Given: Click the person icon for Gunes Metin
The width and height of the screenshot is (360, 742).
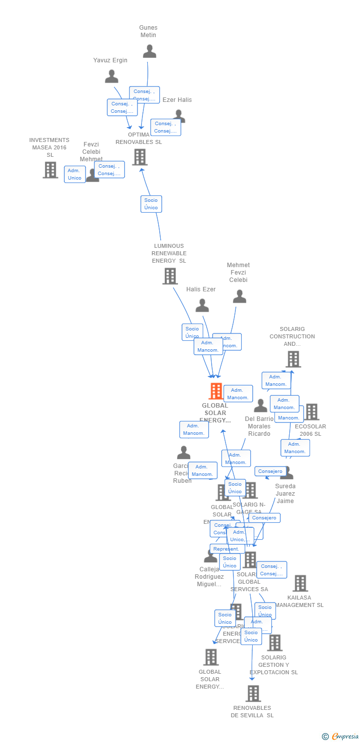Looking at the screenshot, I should click(149, 51).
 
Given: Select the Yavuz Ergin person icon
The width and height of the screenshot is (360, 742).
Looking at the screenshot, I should click(112, 77).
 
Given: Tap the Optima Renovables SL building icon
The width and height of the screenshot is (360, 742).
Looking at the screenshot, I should click(140, 157).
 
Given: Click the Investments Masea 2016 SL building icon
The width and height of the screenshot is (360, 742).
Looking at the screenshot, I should click(50, 170).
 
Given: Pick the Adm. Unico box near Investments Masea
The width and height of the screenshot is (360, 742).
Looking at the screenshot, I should click(75, 174).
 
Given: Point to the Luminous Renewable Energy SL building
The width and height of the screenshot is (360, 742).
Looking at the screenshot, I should click(170, 276).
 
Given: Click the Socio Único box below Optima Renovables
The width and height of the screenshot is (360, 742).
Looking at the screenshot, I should click(151, 204).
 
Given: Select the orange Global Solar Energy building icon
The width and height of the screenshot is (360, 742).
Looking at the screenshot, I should click(216, 391).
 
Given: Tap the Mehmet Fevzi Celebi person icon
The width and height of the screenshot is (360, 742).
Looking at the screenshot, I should click(239, 297).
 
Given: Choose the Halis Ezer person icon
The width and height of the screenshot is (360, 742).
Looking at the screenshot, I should click(202, 306).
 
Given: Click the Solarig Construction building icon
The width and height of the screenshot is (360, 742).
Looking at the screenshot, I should click(293, 360).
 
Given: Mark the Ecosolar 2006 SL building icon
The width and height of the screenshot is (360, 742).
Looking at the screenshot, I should click(312, 412).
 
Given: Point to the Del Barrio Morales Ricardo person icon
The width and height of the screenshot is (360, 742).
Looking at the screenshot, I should click(260, 406).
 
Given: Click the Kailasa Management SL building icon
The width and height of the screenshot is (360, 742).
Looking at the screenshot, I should click(300, 584).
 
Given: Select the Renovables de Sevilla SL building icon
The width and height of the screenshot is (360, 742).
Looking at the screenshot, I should click(253, 694).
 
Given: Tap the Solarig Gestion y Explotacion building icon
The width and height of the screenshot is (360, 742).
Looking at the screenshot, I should click(274, 643).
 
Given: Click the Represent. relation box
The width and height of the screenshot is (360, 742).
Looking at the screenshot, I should click(227, 549).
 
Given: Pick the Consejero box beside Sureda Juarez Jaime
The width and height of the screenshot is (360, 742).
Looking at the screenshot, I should click(270, 471).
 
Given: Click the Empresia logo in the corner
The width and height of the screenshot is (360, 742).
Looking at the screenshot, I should click(341, 737).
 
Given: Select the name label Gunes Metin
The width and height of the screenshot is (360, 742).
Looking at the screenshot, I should click(148, 31).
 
